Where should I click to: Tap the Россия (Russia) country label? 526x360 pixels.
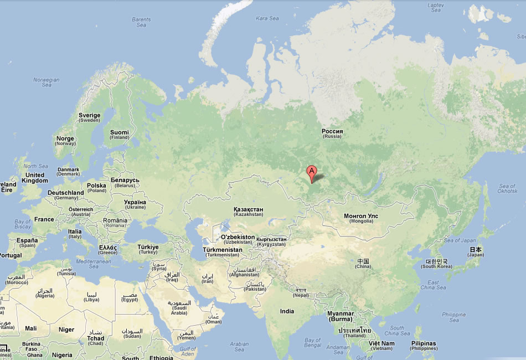click(x=332, y=133)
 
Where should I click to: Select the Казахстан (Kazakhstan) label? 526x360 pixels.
click(x=249, y=211)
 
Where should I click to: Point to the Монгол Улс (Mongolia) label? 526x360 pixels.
click(x=361, y=218)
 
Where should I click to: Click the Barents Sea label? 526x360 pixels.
click(x=141, y=22)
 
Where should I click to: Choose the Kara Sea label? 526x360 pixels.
click(x=267, y=18)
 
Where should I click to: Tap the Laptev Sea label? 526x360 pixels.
click(x=436, y=7)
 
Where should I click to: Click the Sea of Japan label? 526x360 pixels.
click(x=460, y=240)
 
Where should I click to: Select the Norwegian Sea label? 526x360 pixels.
click(x=46, y=82)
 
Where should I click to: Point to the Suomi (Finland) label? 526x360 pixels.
click(x=119, y=135)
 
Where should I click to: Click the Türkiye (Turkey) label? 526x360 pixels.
click(x=148, y=249)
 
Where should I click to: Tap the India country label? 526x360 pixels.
click(x=287, y=311)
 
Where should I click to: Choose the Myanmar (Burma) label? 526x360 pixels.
click(x=341, y=316)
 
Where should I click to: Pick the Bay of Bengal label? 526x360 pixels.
click(x=312, y=342)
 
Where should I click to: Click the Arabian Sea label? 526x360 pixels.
click(x=239, y=347)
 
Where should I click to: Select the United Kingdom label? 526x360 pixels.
click(x=34, y=178)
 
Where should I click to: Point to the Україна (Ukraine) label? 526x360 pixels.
click(x=135, y=204)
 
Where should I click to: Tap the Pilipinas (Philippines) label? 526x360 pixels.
click(x=424, y=346)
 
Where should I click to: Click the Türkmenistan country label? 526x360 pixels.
click(x=223, y=252)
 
